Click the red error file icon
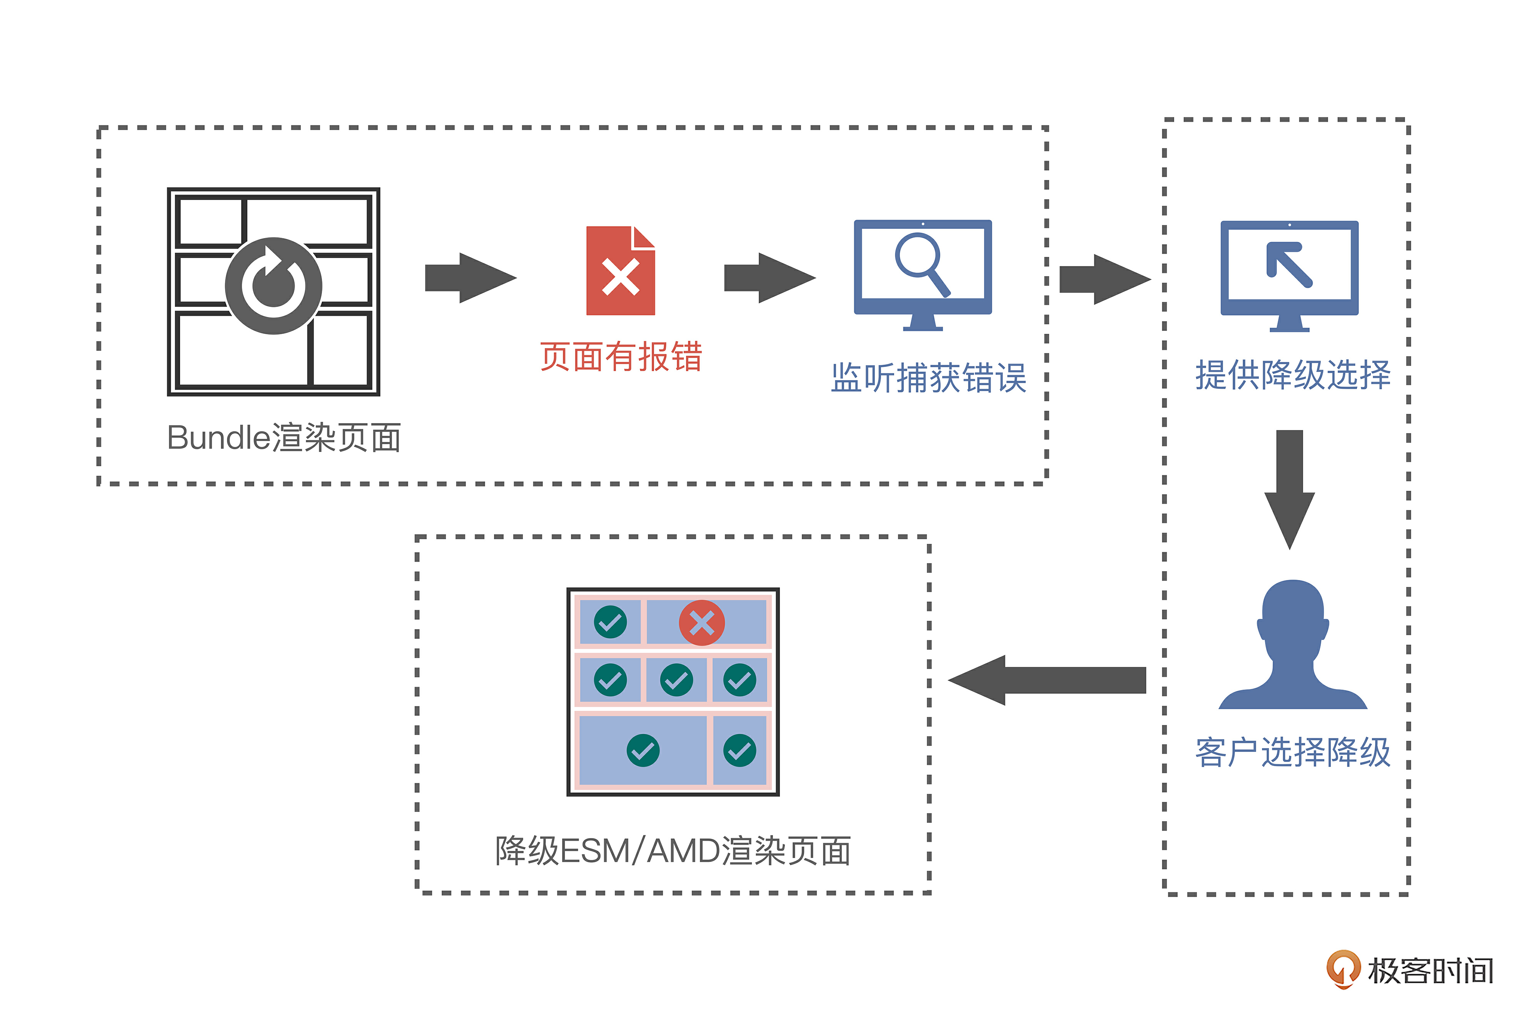coord(620,271)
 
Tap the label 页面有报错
coord(621,357)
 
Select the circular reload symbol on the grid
coord(274,286)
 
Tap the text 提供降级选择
coord(1293,375)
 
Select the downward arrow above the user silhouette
coord(1290,489)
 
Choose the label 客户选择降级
coord(1293,752)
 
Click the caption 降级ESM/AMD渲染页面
coord(673,851)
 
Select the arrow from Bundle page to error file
coord(471,278)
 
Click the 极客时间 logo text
coord(1431,971)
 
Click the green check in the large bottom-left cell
coord(643,750)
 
